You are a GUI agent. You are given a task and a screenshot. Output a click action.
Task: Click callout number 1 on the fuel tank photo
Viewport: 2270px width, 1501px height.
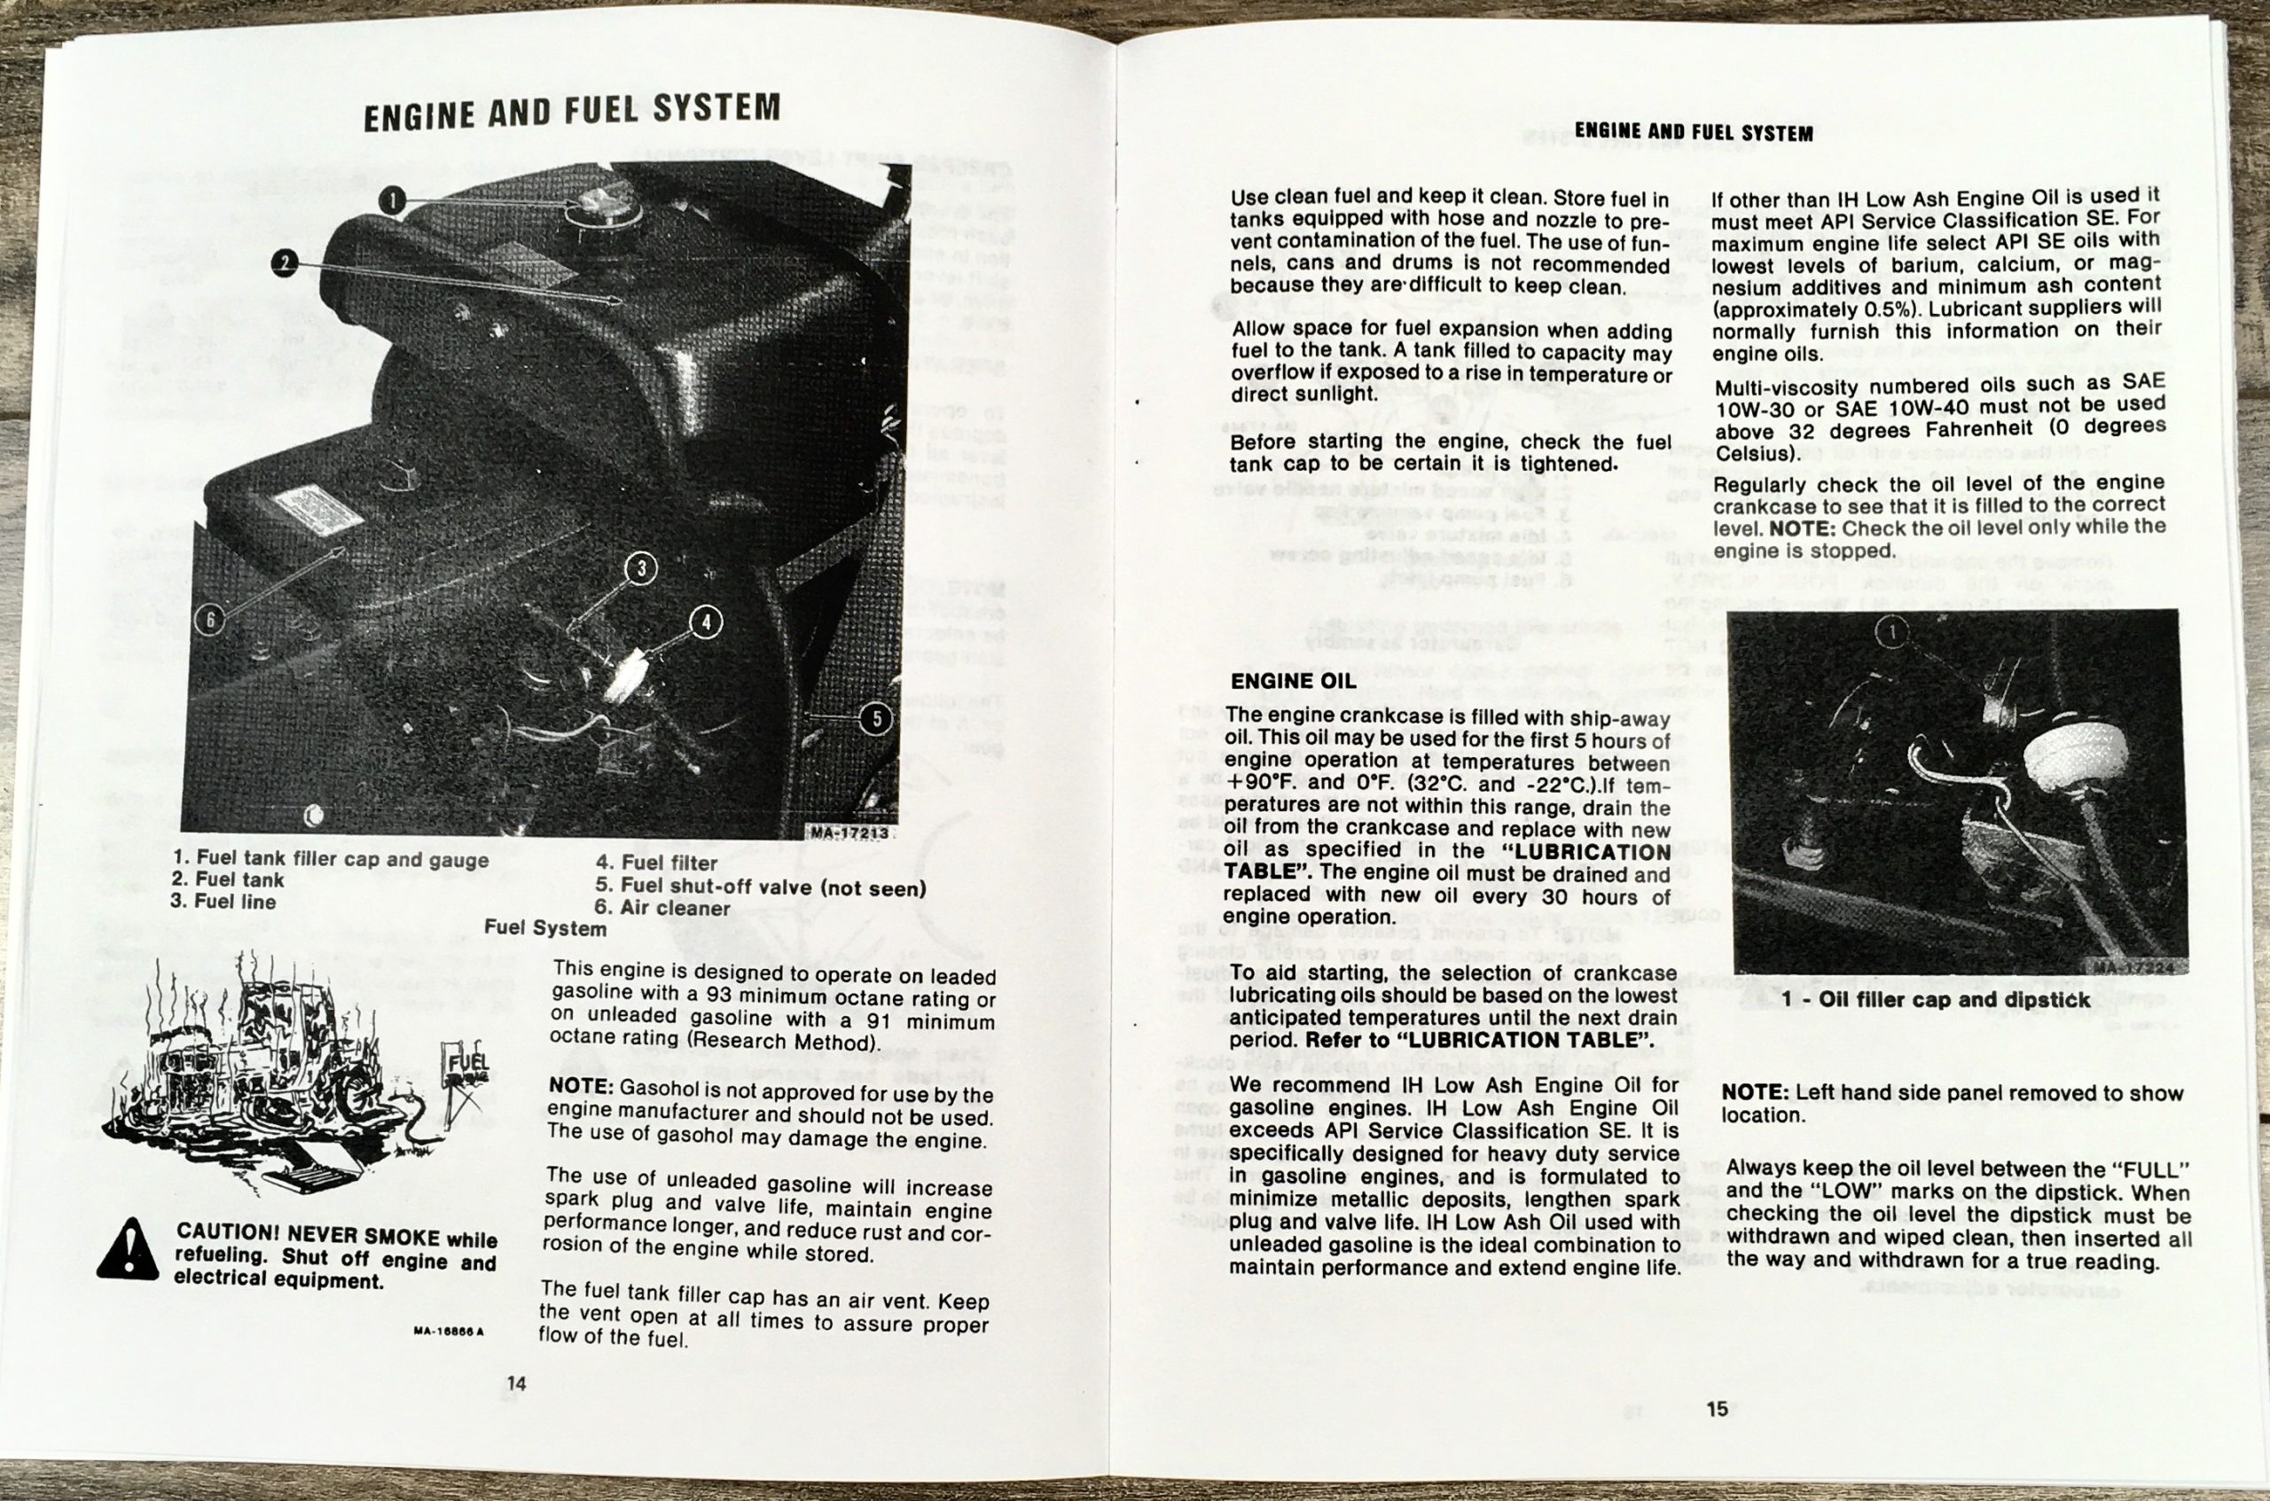click(x=393, y=202)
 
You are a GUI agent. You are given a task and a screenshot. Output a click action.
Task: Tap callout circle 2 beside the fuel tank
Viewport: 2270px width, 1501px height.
click(x=285, y=263)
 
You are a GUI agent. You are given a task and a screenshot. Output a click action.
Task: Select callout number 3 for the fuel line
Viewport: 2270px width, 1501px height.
click(x=640, y=568)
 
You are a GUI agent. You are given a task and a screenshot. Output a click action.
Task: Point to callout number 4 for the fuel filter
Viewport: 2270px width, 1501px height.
click(x=706, y=622)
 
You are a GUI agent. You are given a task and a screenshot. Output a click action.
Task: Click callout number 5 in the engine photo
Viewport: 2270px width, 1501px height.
click(x=875, y=719)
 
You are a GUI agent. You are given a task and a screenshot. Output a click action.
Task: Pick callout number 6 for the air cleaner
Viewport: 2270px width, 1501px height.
click(x=209, y=620)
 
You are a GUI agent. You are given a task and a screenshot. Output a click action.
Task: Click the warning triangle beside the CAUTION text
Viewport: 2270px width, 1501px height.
click(x=129, y=1249)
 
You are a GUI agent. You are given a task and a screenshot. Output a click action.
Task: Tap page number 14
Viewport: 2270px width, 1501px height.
click(x=517, y=1383)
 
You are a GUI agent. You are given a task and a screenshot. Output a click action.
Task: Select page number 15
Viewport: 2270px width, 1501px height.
click(x=1717, y=1409)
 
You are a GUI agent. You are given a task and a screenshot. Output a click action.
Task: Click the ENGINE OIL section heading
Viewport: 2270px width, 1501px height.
click(x=1293, y=682)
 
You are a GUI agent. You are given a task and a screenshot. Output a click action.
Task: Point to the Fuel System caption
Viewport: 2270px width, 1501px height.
click(x=544, y=927)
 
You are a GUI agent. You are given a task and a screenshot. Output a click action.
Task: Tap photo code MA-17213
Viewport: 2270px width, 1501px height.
click(x=849, y=833)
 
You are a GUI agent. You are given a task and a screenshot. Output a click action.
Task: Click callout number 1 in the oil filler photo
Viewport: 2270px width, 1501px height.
click(x=1890, y=631)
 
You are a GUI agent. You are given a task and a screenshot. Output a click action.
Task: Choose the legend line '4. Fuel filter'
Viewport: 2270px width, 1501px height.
click(x=656, y=864)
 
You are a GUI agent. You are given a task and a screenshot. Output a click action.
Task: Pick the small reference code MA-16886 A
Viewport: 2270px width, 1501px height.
click(x=449, y=1331)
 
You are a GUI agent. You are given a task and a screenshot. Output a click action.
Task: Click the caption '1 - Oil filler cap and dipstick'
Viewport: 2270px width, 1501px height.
click(x=1936, y=1000)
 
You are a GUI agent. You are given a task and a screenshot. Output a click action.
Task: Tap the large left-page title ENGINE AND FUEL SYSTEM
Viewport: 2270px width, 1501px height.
click(x=572, y=112)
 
